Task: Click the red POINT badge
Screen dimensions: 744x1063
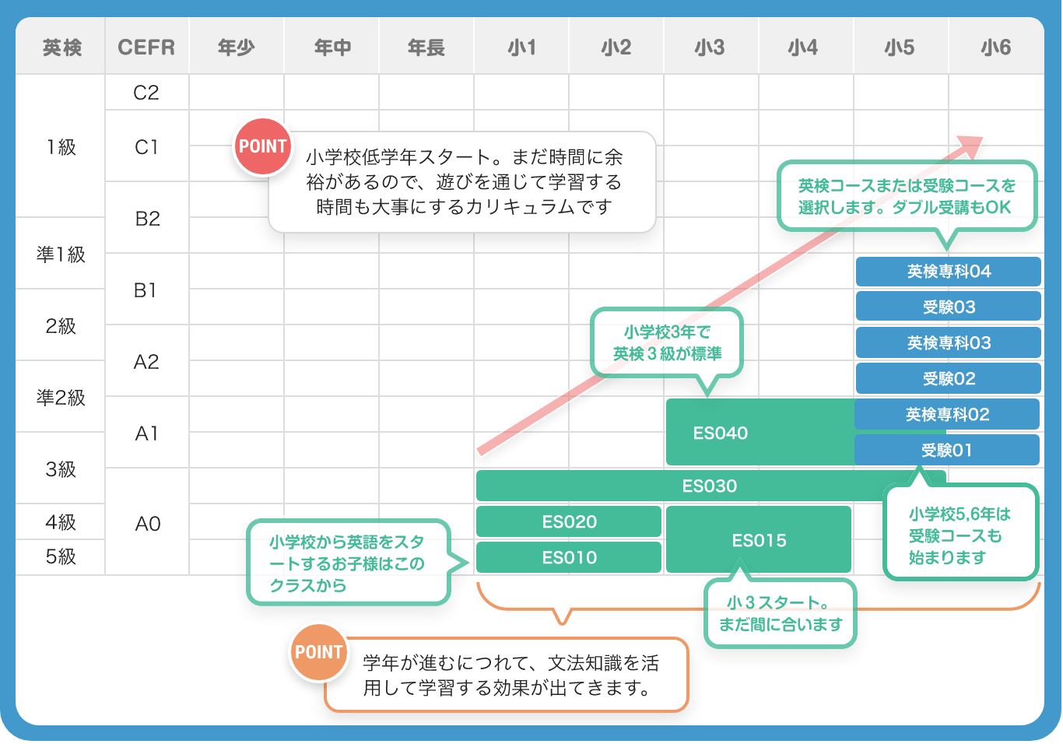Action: [x=263, y=146]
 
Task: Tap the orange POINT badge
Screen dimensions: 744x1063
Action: [x=319, y=652]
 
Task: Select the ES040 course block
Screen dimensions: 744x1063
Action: [x=721, y=433]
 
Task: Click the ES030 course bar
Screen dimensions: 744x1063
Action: [x=710, y=486]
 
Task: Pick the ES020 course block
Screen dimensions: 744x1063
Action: [x=569, y=522]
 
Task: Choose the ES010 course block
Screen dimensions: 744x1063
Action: [x=569, y=557]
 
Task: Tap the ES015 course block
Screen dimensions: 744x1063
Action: [x=759, y=540]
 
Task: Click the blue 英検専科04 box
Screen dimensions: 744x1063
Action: [x=948, y=272]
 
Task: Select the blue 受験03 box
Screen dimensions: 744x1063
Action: [x=948, y=307]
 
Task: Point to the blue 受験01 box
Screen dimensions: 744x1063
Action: [x=946, y=451]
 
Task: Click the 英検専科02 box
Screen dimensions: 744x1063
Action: [x=946, y=415]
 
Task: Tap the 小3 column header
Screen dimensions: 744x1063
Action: [x=710, y=47]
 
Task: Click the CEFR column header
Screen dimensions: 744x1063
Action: [x=146, y=47]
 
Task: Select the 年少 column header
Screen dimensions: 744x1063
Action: [x=236, y=47]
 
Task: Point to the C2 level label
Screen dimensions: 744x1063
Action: [x=146, y=93]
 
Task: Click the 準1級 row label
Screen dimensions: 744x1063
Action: [x=61, y=254]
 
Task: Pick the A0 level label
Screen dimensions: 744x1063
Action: [x=147, y=524]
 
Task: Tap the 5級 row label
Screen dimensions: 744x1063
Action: [x=61, y=557]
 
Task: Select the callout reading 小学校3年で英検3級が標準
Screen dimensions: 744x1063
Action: [x=667, y=343]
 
